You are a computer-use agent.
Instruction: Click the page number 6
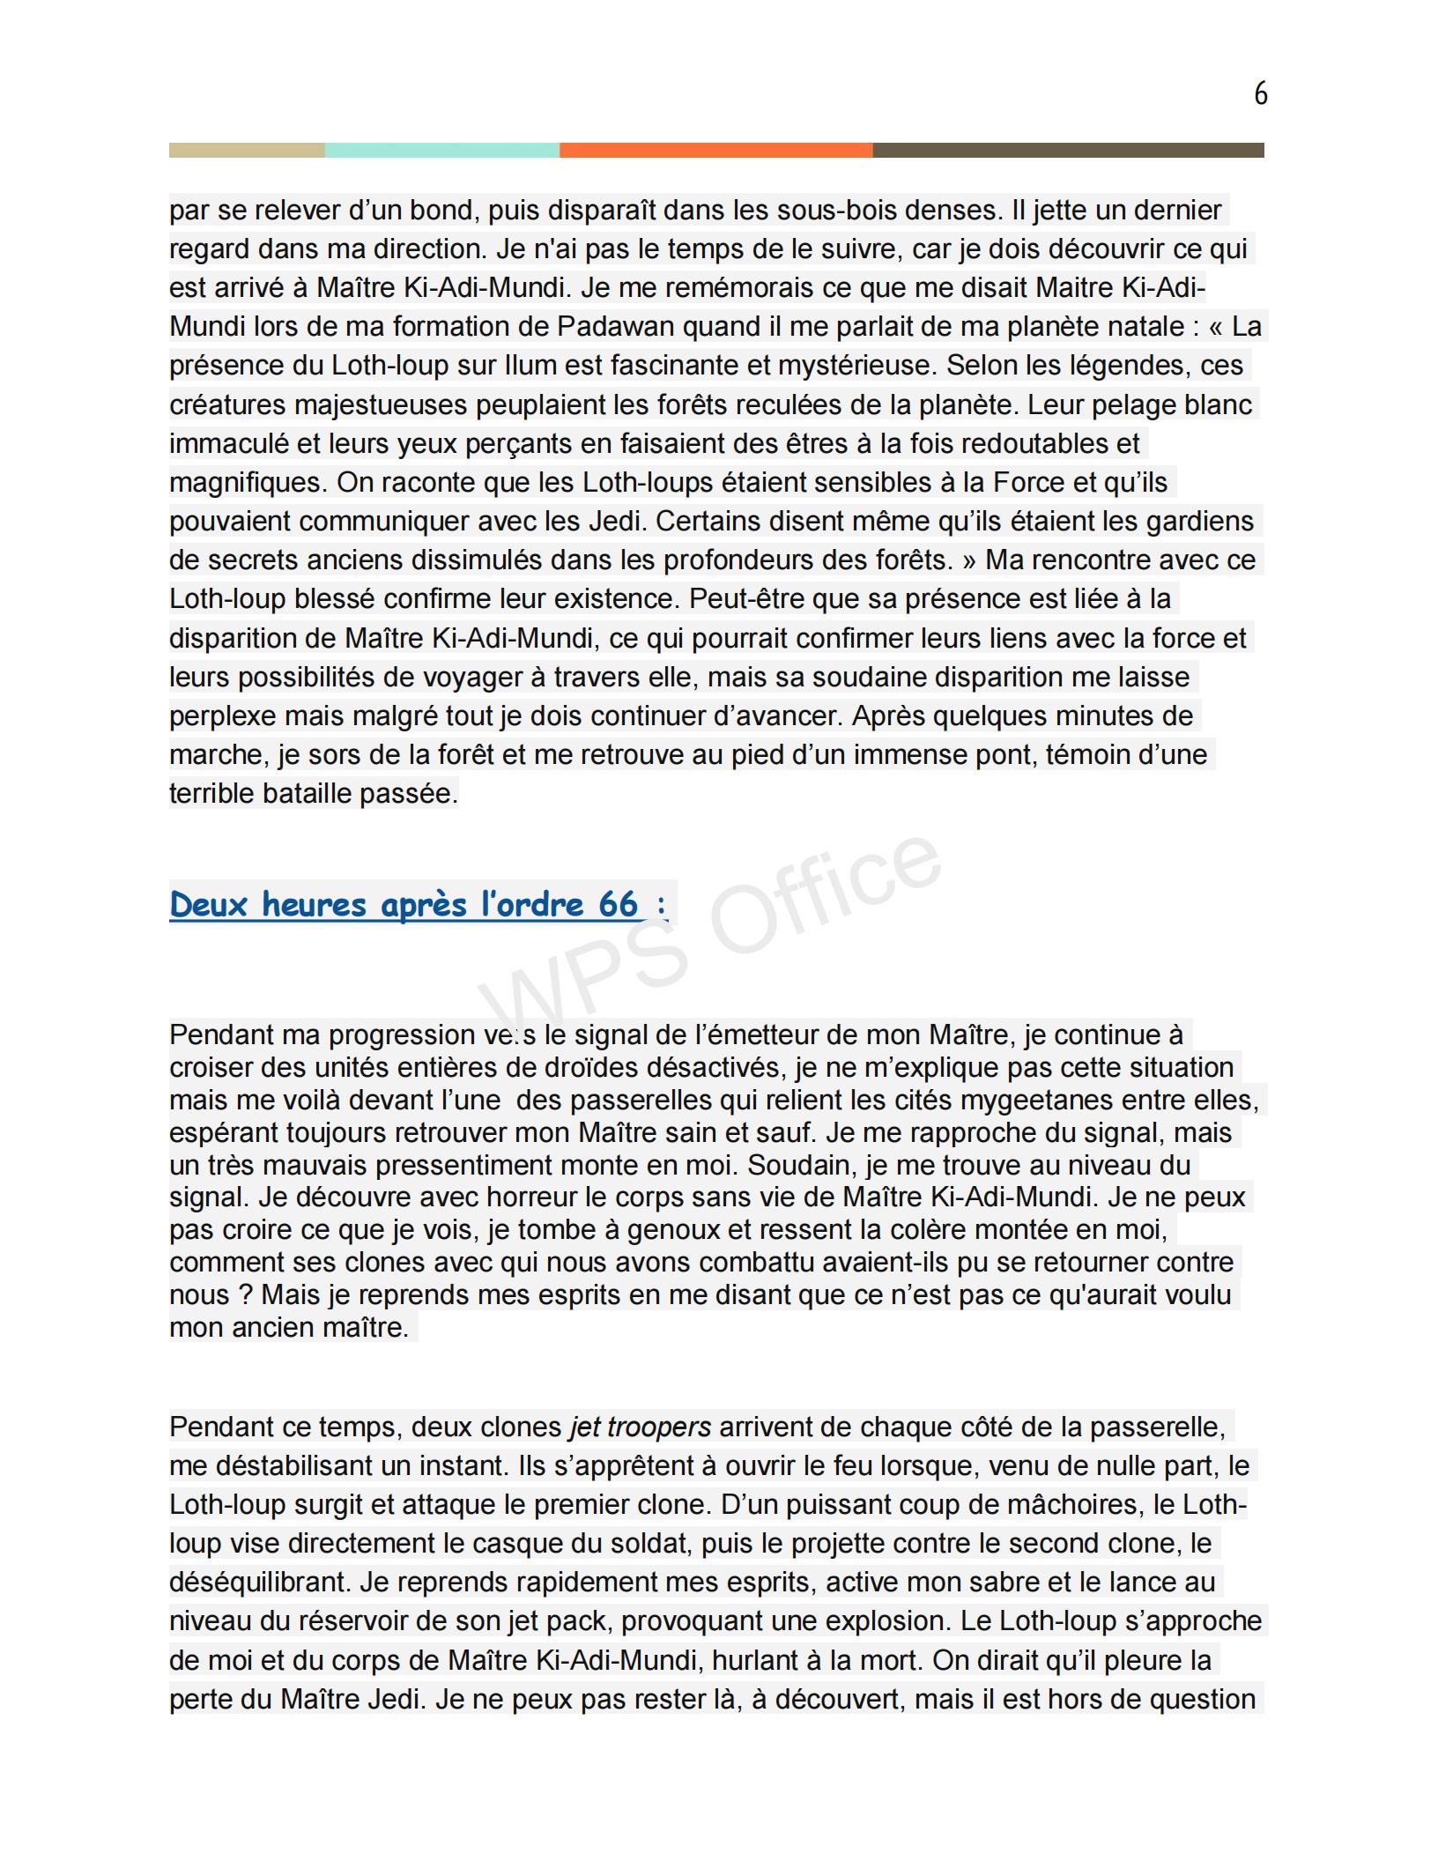(x=1260, y=93)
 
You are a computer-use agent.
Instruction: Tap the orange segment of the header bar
(x=715, y=151)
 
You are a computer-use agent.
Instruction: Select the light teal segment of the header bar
(x=441, y=151)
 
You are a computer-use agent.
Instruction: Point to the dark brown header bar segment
(x=1068, y=151)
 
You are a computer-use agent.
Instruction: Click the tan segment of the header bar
(x=247, y=151)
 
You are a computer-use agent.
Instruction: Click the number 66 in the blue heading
(x=618, y=904)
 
